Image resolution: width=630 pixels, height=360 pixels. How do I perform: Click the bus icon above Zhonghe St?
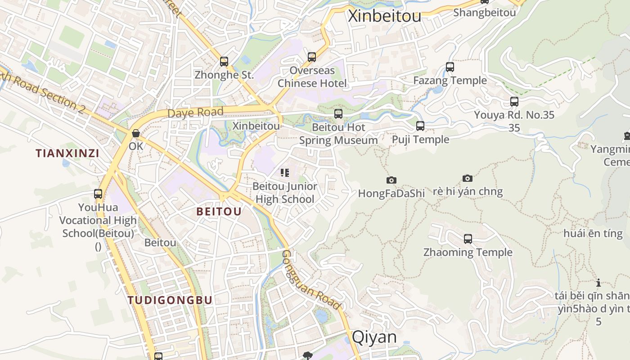(224, 62)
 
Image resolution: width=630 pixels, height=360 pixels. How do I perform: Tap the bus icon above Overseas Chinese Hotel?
(312, 57)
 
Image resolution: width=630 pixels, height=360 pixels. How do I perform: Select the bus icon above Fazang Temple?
(450, 67)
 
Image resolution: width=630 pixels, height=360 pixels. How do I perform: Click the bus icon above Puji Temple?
(420, 126)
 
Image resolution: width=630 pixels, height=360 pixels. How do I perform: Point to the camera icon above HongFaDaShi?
(391, 180)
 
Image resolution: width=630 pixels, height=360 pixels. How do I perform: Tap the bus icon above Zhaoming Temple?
(468, 238)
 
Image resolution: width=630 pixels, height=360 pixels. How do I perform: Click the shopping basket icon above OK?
(135, 133)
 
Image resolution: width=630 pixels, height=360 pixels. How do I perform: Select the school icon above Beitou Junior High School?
(284, 173)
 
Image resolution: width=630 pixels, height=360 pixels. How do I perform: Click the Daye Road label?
(195, 112)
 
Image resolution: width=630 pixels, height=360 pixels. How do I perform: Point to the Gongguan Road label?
(310, 279)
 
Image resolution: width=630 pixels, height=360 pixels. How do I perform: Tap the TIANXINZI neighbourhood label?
(67, 153)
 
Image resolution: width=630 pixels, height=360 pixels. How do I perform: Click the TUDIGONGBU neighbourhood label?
(170, 300)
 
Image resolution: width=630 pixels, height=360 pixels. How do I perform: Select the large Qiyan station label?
(374, 337)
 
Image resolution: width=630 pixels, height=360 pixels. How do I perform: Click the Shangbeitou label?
(485, 13)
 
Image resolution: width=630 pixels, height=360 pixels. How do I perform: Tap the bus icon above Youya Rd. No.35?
(514, 102)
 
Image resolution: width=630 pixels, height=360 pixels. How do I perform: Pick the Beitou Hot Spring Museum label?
(338, 134)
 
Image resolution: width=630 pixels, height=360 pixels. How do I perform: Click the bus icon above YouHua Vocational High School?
(98, 194)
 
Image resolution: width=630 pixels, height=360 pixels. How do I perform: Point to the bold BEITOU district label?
(219, 211)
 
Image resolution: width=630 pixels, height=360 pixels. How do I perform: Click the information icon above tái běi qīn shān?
(598, 283)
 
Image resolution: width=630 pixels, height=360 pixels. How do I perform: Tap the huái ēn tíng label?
(593, 234)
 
